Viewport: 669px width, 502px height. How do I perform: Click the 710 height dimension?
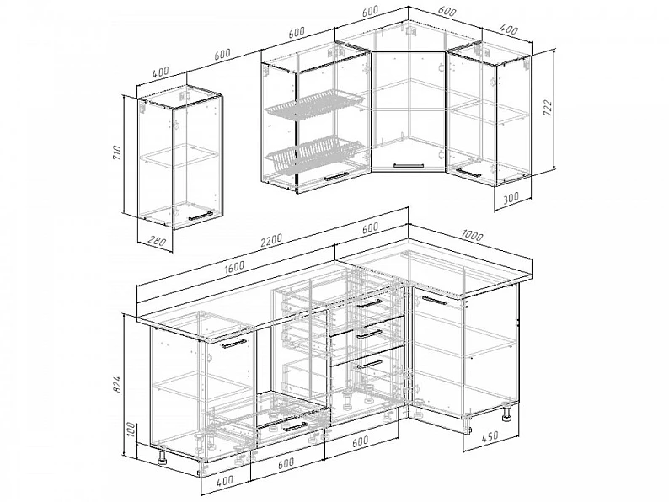118,152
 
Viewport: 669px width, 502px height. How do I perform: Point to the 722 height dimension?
548,109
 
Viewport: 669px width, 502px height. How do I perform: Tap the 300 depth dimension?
511,197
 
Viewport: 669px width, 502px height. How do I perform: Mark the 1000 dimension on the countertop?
472,235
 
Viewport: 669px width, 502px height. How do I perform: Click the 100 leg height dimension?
131,430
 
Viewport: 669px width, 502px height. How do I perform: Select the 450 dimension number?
490,437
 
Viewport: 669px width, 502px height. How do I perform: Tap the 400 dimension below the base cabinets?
225,480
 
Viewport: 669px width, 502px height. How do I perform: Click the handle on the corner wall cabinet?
409,164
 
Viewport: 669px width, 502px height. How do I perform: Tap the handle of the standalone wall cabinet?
200,216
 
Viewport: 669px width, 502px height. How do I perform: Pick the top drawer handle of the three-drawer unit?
369,304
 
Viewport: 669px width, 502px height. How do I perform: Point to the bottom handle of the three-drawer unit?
369,364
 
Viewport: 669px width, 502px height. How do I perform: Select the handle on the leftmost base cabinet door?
233,344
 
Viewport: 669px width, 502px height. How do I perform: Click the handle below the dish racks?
336,177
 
